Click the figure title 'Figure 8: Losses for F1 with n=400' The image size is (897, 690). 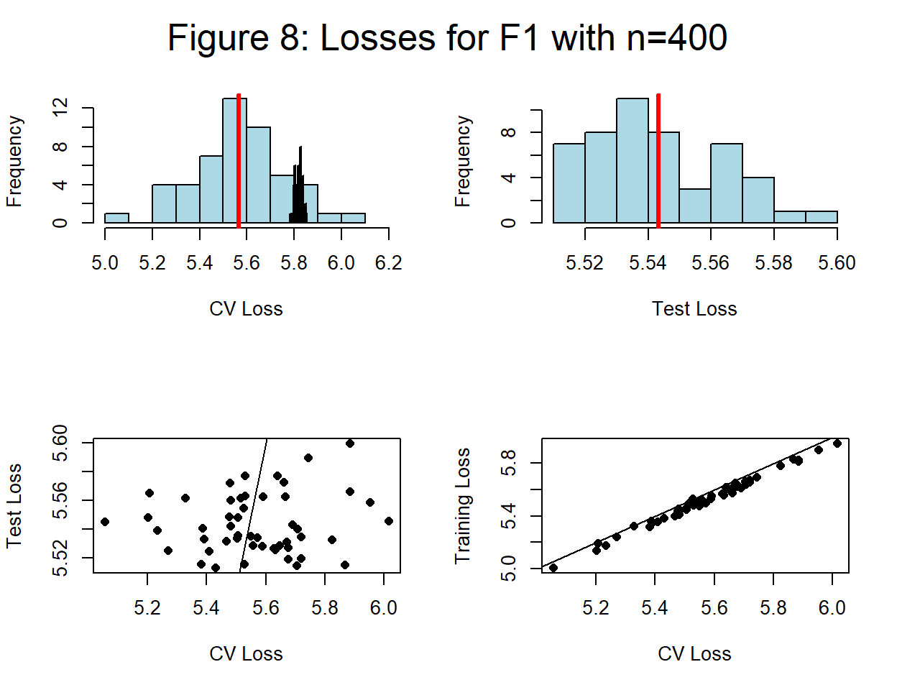[x=447, y=37]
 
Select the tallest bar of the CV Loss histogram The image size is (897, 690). [x=234, y=162]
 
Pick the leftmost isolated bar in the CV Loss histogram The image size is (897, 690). [x=116, y=218]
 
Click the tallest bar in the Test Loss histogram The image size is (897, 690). [x=632, y=162]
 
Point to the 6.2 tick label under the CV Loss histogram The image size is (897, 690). [x=388, y=263]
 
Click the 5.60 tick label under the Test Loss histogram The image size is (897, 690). [x=837, y=263]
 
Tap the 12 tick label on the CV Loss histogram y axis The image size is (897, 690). [x=60, y=108]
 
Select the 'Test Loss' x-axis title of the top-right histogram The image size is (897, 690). [x=694, y=309]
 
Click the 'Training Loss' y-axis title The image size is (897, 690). [x=463, y=505]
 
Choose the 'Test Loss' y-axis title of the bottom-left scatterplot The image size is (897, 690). [x=14, y=505]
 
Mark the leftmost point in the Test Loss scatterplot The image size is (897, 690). [x=105, y=522]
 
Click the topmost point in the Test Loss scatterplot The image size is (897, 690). [x=350, y=443]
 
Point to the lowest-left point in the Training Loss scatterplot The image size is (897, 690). [x=553, y=568]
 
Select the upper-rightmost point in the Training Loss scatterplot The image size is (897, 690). [x=837, y=443]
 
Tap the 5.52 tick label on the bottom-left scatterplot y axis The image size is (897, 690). [x=60, y=558]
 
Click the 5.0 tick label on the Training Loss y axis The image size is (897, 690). [x=509, y=569]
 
